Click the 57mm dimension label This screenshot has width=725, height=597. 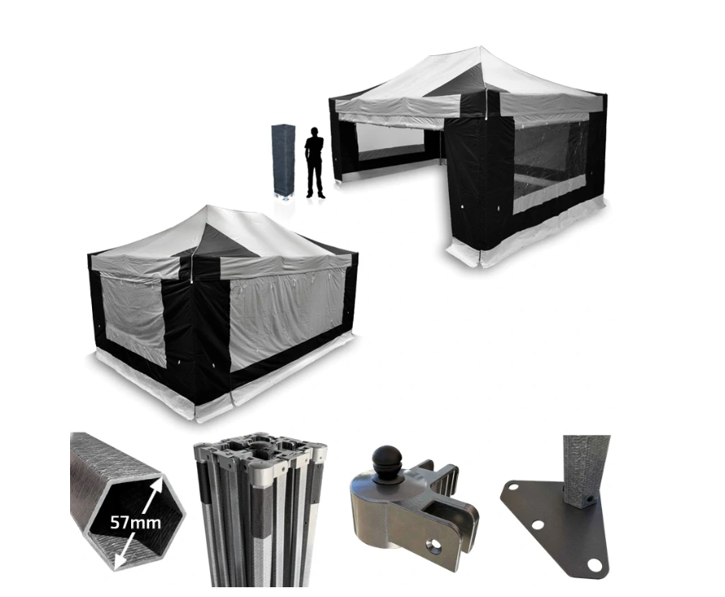click(x=135, y=523)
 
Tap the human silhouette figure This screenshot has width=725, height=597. click(x=315, y=163)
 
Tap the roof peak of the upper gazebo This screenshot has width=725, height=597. click(x=480, y=47)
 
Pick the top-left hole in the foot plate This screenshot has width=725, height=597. click(x=512, y=487)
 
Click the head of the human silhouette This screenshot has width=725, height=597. click(x=315, y=132)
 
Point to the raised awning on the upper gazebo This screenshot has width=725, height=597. click(x=398, y=111)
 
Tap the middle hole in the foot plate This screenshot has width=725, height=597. click(x=538, y=525)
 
